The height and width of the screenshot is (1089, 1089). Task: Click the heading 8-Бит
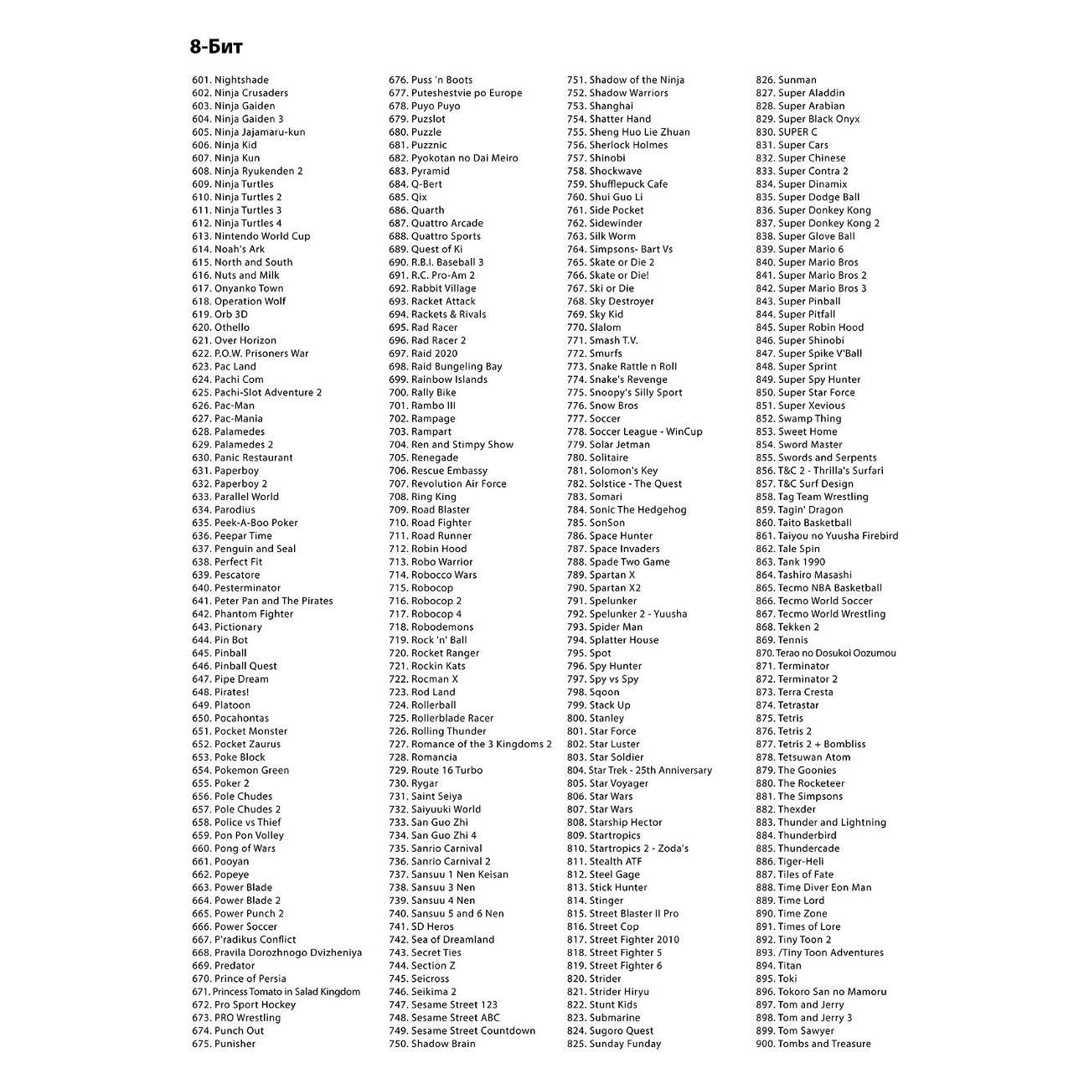tap(216, 47)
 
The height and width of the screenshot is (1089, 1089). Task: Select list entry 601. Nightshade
tap(230, 80)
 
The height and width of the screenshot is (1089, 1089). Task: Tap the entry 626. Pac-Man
tap(223, 405)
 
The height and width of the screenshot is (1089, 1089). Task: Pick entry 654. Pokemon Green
tap(240, 771)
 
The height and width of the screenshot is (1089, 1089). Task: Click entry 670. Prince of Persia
tap(239, 978)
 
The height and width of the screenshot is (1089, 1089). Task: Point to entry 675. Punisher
tap(224, 1044)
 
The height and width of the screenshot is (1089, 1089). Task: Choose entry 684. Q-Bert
tap(415, 184)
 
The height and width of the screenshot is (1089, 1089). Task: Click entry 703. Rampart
tap(420, 432)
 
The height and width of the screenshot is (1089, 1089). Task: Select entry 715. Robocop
tap(421, 588)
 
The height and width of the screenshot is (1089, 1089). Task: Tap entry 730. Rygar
tap(413, 783)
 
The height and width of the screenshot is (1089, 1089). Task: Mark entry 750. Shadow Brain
tap(431, 1044)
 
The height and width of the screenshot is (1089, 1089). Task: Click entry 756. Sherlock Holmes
tap(617, 145)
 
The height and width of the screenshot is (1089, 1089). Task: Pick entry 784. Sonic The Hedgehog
tap(627, 510)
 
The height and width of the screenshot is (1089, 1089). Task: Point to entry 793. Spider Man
tap(605, 627)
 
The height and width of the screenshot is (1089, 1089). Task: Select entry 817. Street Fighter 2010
tap(623, 940)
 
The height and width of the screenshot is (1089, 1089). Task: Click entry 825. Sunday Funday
tap(614, 1044)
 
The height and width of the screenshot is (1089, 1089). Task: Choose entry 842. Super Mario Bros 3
tap(811, 288)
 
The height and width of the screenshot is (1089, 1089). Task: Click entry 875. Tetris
tap(779, 719)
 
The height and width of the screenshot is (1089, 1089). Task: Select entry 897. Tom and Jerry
tap(800, 1004)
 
